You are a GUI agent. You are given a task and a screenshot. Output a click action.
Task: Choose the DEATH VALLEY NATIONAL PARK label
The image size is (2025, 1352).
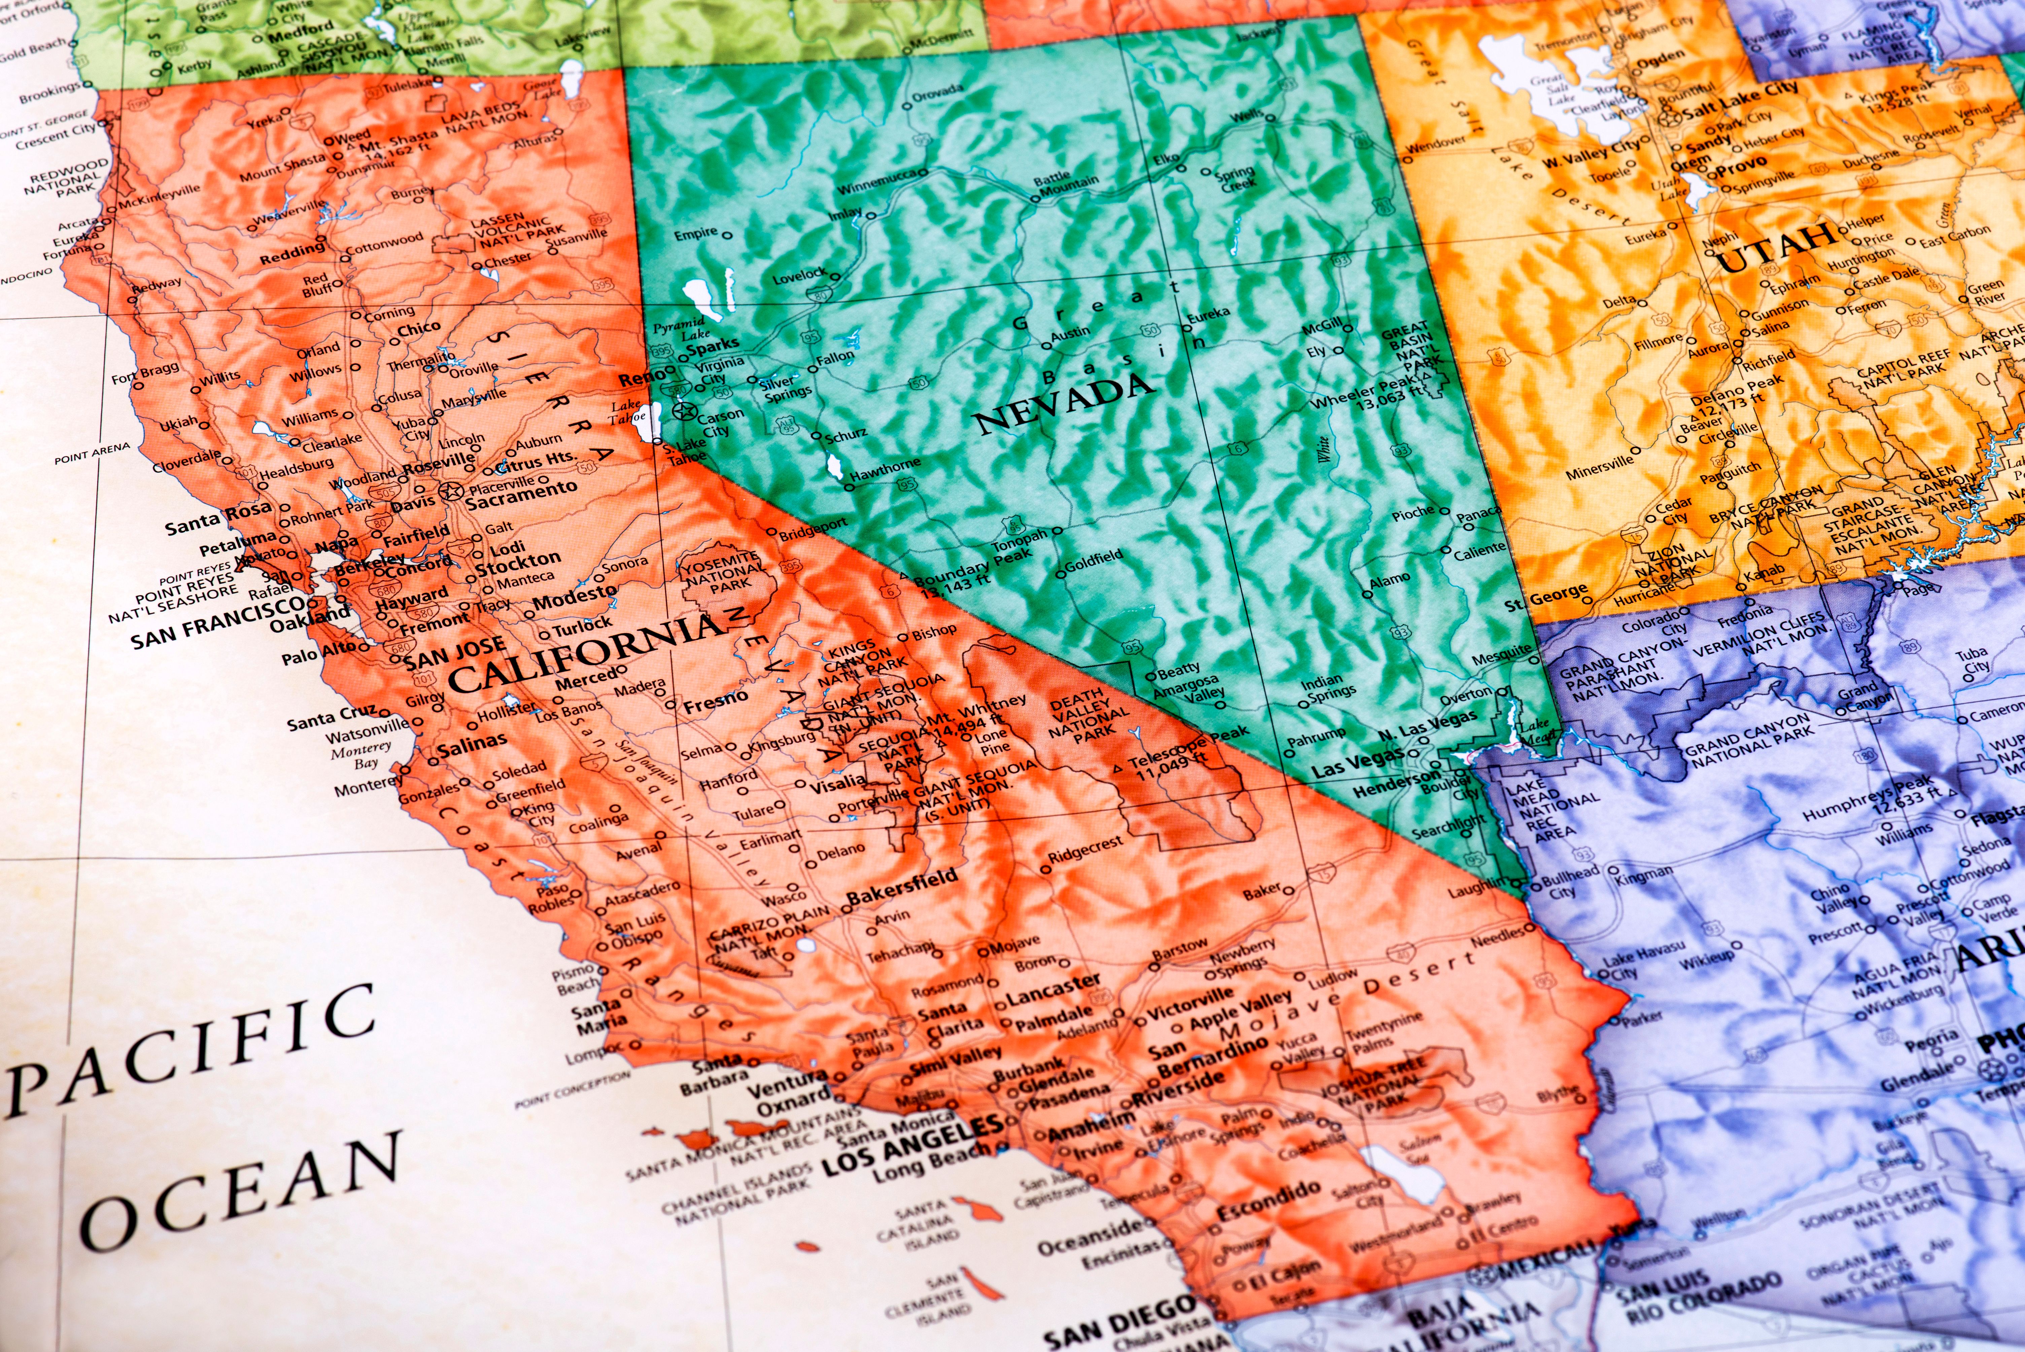tap(1088, 716)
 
